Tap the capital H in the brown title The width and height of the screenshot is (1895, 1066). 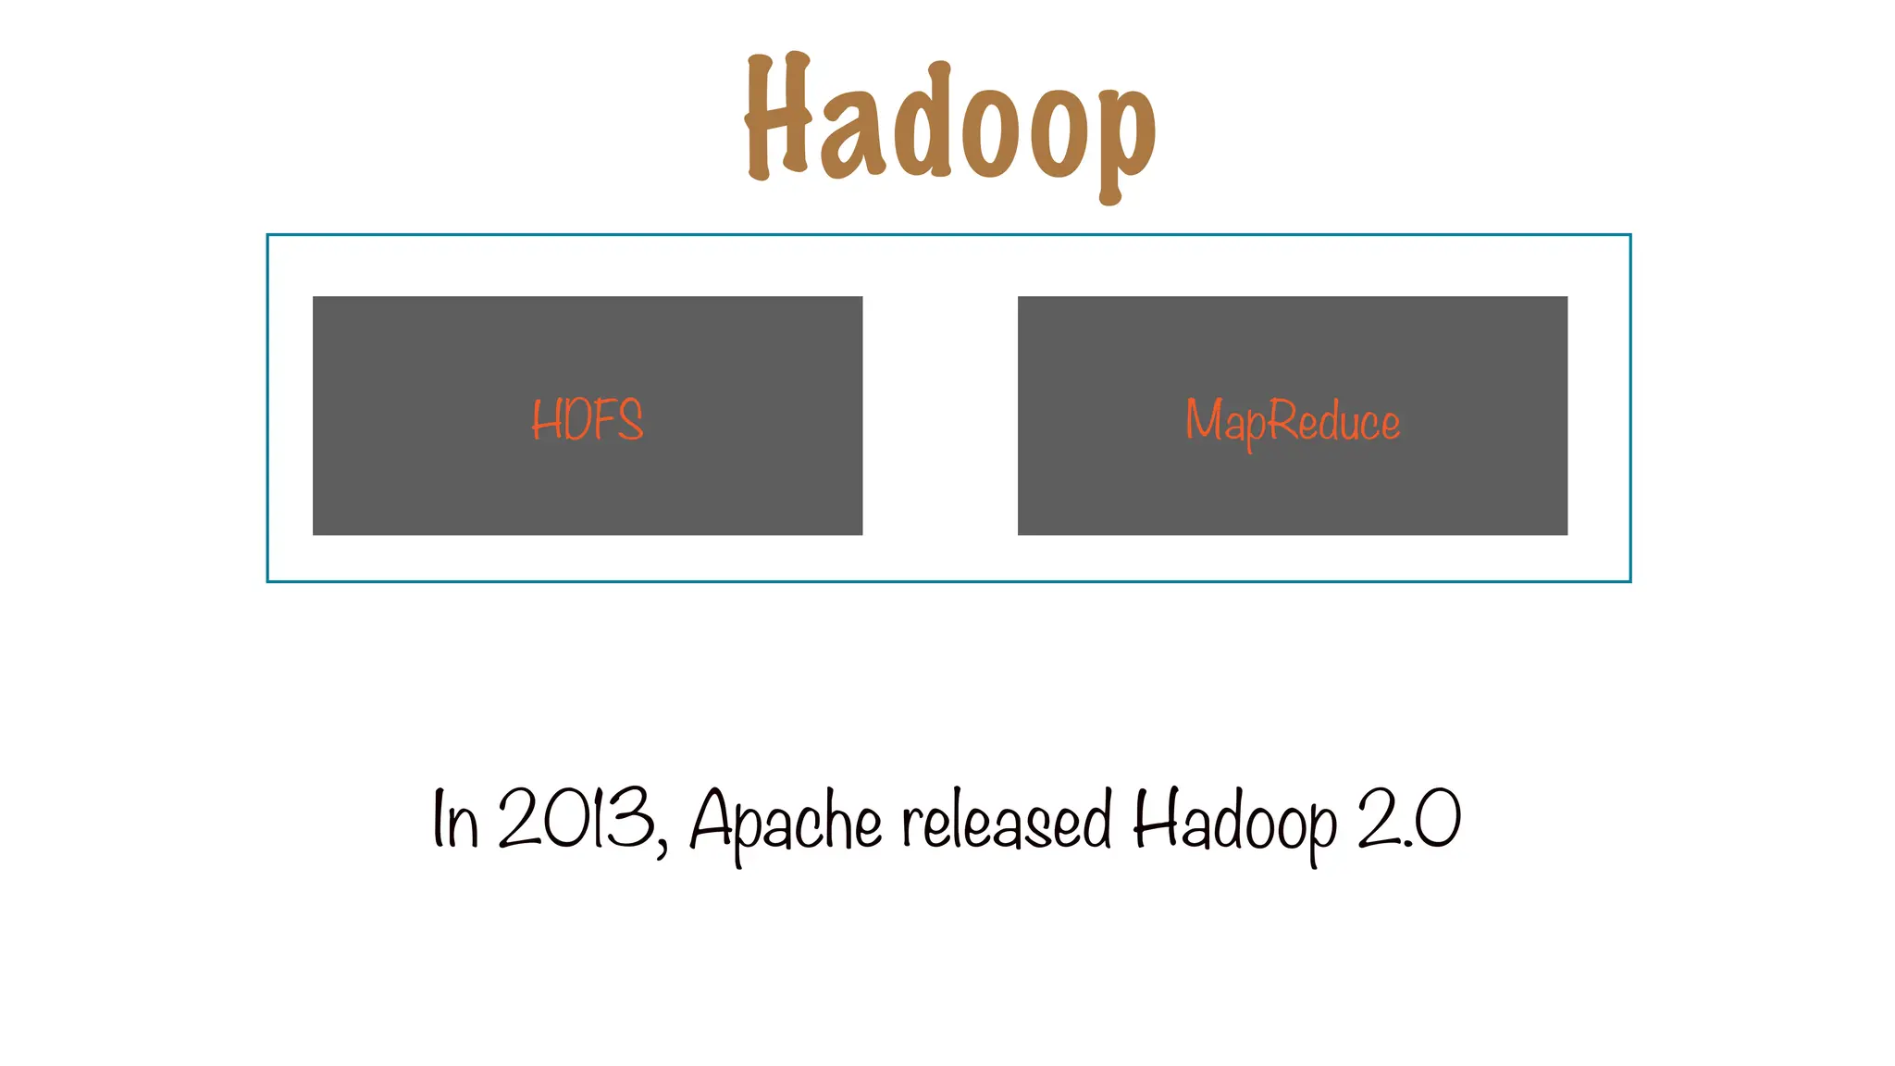click(x=777, y=116)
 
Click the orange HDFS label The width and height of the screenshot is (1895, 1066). click(x=588, y=420)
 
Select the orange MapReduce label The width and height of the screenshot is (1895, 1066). click(x=1293, y=421)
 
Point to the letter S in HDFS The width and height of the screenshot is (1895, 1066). click(x=630, y=420)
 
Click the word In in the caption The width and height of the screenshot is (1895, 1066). click(x=455, y=819)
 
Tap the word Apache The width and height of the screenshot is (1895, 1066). click(x=786, y=821)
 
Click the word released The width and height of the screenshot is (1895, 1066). click(x=1007, y=820)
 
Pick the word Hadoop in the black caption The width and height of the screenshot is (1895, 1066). click(x=1235, y=821)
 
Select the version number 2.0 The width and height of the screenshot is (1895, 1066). click(x=1409, y=818)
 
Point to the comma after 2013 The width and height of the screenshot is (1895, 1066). click(x=662, y=845)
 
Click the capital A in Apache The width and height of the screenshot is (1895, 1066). click(x=712, y=818)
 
